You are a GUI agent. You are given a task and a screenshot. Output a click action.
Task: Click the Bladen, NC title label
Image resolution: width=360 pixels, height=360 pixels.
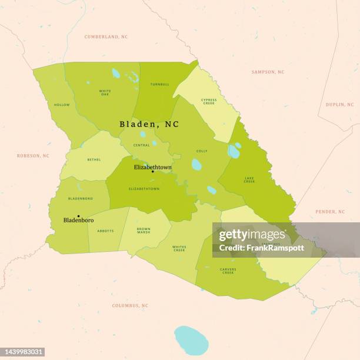[149, 124]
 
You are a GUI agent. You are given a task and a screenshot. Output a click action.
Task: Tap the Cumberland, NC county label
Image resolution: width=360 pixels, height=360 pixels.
[106, 36]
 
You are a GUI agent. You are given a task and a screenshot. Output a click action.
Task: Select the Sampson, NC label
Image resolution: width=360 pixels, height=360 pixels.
[268, 72]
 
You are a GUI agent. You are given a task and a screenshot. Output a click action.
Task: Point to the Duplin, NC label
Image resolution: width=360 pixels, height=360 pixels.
[340, 105]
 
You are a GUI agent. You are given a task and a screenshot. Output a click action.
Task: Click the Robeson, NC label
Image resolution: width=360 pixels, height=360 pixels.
[33, 156]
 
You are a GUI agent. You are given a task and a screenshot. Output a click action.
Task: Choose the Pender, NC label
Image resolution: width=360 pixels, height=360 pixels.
[330, 212]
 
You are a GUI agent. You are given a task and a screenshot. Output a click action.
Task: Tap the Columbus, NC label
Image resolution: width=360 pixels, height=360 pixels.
[131, 306]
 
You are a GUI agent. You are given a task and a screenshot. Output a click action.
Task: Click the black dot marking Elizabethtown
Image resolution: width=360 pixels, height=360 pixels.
[152, 172]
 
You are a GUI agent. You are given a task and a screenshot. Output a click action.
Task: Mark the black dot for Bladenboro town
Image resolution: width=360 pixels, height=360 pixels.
[78, 216]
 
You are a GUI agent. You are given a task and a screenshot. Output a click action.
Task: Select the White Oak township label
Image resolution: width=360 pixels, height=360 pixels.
[105, 92]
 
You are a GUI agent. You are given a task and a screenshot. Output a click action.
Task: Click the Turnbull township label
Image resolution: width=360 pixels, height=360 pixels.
[159, 84]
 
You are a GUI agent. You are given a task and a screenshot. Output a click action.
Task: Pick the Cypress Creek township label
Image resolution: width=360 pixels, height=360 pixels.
[209, 101]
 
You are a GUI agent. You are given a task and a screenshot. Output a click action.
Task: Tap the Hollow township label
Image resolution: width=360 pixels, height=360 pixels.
[62, 105]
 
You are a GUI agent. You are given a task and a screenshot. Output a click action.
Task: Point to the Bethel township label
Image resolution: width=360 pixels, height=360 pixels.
[94, 159]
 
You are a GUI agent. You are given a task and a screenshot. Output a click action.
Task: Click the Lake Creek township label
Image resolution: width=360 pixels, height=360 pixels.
[249, 180]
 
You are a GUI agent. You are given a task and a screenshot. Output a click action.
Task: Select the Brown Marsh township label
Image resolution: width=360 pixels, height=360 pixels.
[144, 231]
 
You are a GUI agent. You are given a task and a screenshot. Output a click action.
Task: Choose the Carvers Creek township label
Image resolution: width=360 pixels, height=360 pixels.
[228, 271]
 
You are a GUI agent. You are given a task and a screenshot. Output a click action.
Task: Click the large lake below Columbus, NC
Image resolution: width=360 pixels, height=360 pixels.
[191, 341]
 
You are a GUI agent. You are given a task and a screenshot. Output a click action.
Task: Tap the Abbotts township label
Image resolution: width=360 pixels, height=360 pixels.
[106, 231]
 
